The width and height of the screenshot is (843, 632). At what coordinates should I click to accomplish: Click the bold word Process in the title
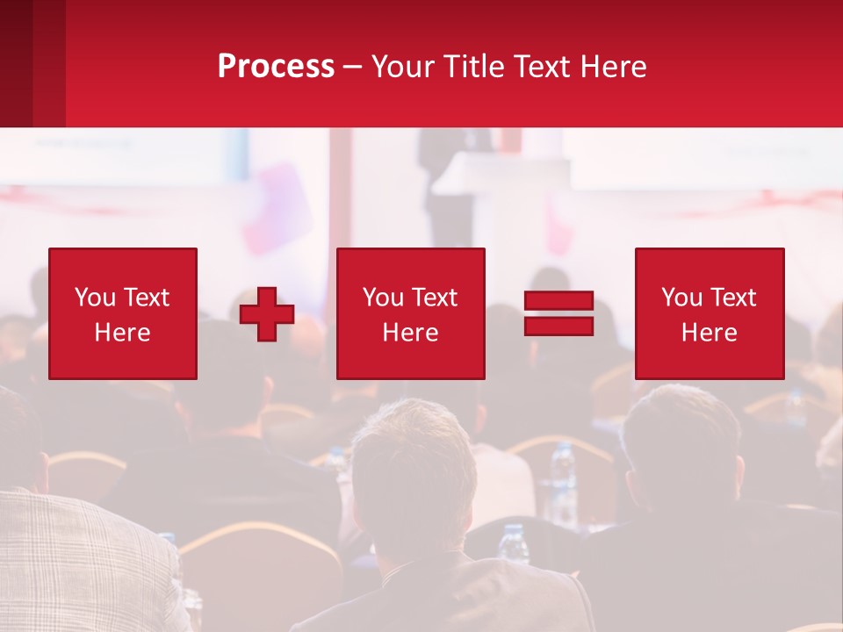point(276,67)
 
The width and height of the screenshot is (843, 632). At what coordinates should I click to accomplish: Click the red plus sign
point(267,314)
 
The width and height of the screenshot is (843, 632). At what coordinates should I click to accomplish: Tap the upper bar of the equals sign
point(558,301)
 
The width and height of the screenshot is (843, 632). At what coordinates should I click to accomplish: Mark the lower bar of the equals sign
point(558,326)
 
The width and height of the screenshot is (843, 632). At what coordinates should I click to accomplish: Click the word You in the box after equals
point(681,298)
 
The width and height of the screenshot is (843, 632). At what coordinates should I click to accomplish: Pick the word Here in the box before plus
point(122,333)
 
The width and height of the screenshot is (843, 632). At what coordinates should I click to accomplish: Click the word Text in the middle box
point(434,298)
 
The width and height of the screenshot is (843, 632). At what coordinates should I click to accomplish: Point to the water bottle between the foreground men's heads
point(562,474)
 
